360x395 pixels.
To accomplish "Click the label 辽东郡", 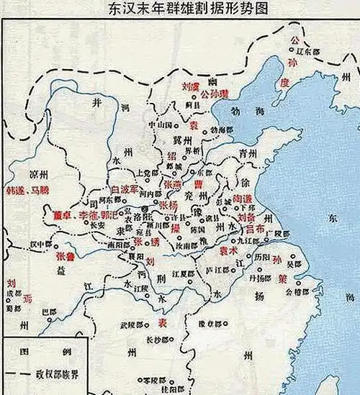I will pos(307,50).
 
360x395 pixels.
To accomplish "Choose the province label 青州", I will pos(248,153).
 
